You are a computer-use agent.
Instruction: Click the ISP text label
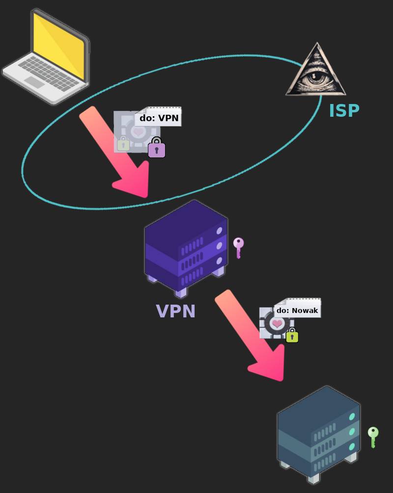344,111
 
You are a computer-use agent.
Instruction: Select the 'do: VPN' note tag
159,118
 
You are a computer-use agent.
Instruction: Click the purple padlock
157,148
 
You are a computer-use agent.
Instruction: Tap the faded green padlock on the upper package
123,144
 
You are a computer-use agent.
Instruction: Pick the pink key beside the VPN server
238,247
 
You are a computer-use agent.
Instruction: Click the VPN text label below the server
175,311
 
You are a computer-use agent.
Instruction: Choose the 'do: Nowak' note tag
297,310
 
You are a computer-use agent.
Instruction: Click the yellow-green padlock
292,336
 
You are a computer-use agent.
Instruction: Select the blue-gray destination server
318,434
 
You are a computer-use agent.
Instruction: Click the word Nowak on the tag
305,311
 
